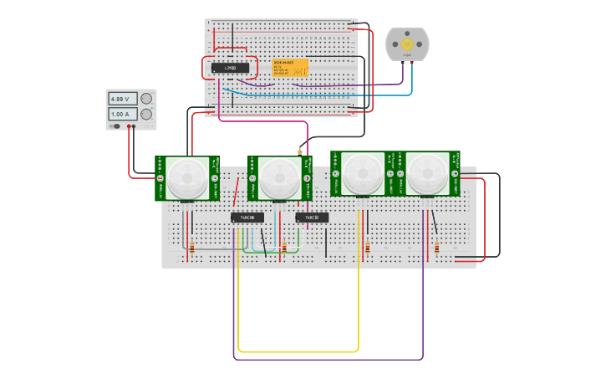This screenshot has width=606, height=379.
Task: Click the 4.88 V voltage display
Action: tap(121, 99)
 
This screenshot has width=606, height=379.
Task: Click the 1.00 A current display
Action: tap(121, 114)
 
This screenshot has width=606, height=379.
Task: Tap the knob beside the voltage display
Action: tap(146, 99)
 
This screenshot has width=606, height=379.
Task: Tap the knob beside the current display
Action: tap(146, 114)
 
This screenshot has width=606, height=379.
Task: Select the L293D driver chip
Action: tap(230, 68)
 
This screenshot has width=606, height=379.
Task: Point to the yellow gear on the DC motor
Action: tap(407, 44)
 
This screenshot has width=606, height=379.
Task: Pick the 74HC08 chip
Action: tap(247, 218)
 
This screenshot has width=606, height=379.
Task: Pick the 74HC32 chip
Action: tap(312, 218)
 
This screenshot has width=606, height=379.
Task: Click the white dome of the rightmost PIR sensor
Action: tap(426, 173)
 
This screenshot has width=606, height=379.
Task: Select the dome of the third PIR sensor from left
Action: tap(363, 173)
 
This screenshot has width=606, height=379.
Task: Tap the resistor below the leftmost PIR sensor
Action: tap(191, 247)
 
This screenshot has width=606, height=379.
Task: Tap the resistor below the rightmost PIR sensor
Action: tap(436, 247)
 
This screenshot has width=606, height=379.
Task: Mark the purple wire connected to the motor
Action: tap(351, 85)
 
